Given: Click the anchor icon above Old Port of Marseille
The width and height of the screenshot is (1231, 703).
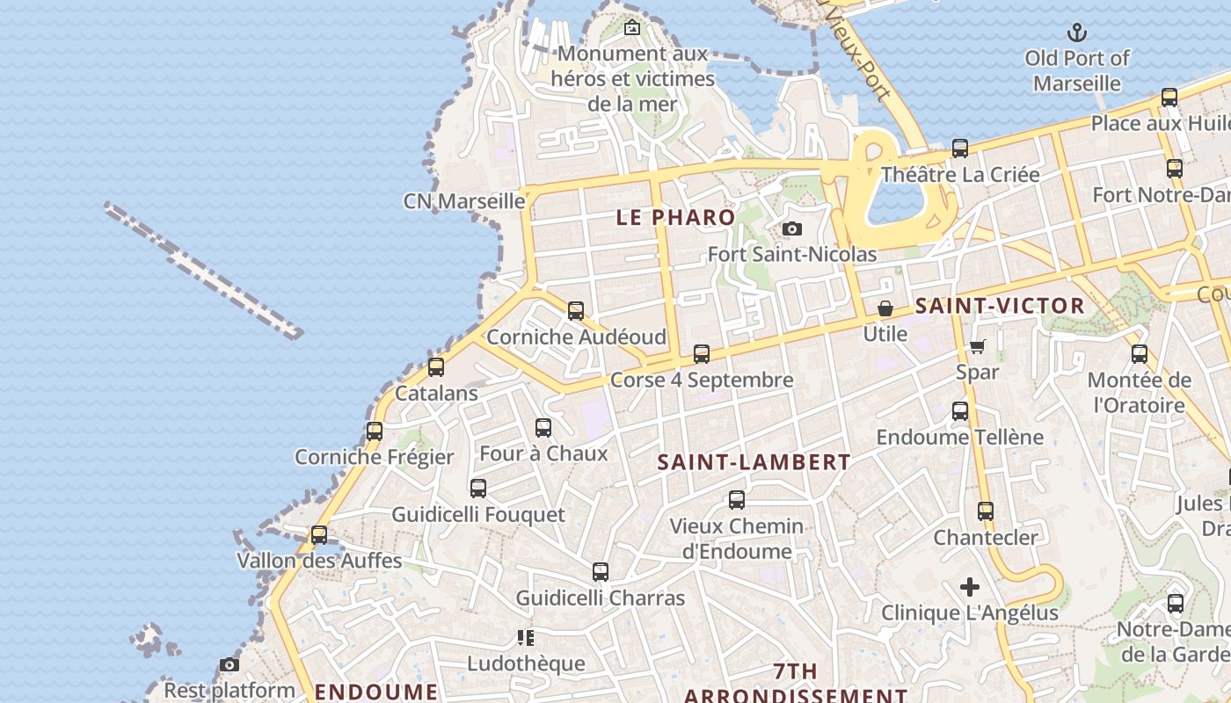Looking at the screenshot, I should tap(1077, 33).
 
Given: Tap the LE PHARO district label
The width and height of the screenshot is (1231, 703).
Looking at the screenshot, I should tap(675, 218).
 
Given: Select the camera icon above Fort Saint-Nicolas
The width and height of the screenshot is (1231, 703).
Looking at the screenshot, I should tap(792, 229).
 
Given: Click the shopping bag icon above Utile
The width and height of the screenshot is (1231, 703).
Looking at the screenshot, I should tap(885, 308).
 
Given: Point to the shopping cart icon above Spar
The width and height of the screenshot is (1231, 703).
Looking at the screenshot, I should tap(978, 346).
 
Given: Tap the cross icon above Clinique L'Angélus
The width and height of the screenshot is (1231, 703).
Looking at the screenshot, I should tap(970, 586).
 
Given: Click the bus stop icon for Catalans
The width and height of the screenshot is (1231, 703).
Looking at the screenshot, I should tap(436, 367).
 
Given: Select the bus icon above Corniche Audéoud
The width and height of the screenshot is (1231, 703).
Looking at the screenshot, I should tap(576, 310).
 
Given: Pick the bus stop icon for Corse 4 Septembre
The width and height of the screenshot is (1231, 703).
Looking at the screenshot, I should tap(702, 354).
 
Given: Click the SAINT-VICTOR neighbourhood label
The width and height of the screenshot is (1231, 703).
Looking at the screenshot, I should tap(1000, 306).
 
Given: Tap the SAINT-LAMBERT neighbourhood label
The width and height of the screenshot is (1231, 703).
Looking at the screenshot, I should tap(754, 462).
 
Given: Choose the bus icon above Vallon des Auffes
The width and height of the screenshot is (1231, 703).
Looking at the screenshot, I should tap(319, 534).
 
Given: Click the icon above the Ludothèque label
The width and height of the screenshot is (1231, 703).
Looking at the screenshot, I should tap(526, 637).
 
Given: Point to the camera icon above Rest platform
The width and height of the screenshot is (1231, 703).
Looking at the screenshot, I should tap(229, 664).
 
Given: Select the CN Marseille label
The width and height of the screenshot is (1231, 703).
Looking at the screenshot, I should tap(464, 201).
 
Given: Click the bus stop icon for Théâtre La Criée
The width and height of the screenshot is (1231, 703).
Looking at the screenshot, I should tap(960, 149).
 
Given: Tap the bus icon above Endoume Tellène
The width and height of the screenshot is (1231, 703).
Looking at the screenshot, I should tap(960, 411).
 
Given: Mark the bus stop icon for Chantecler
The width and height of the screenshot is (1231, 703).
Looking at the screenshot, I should tap(986, 511).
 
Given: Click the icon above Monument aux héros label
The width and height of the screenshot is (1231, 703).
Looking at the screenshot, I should tap(631, 28).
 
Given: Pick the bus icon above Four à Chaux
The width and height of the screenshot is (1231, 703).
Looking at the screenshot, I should tap(543, 428).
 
